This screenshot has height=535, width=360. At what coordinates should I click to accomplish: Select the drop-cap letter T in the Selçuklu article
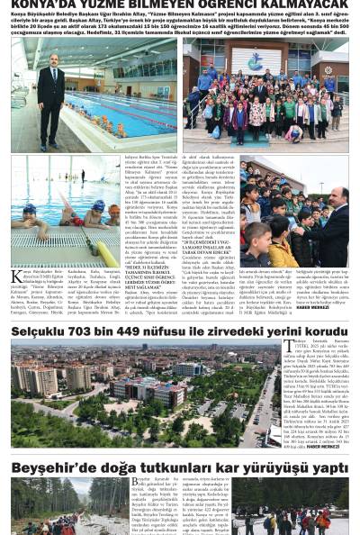(288, 346)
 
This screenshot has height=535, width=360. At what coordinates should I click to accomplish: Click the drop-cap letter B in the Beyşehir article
(136, 483)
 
